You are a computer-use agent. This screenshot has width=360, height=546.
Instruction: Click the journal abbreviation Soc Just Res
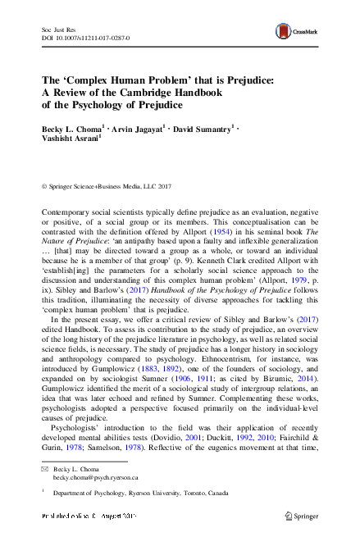coord(56,29)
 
